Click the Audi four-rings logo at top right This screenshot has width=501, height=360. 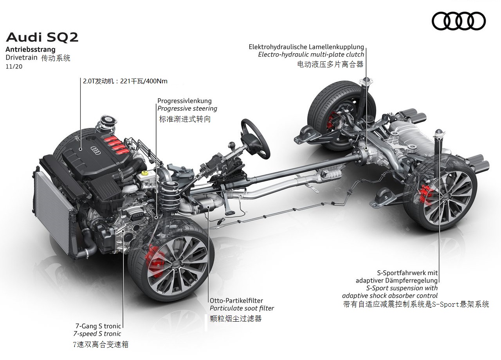[x=458, y=21]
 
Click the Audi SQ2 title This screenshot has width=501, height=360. [x=42, y=37]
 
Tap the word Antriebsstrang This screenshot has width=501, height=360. [x=31, y=49]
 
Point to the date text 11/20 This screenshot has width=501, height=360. [x=14, y=67]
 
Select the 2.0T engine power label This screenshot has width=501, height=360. [x=125, y=81]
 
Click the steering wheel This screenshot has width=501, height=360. [x=255, y=139]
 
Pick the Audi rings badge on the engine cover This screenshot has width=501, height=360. [x=96, y=150]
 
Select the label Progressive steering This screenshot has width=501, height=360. [x=187, y=109]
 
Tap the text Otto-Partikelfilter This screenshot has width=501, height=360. [x=236, y=301]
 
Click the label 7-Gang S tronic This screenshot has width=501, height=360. [x=98, y=326]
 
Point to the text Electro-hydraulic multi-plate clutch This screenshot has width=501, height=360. [x=311, y=54]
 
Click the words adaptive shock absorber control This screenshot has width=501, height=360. [x=389, y=295]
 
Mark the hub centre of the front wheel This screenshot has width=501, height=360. [x=176, y=264]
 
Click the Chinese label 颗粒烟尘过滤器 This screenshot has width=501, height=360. [x=236, y=319]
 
